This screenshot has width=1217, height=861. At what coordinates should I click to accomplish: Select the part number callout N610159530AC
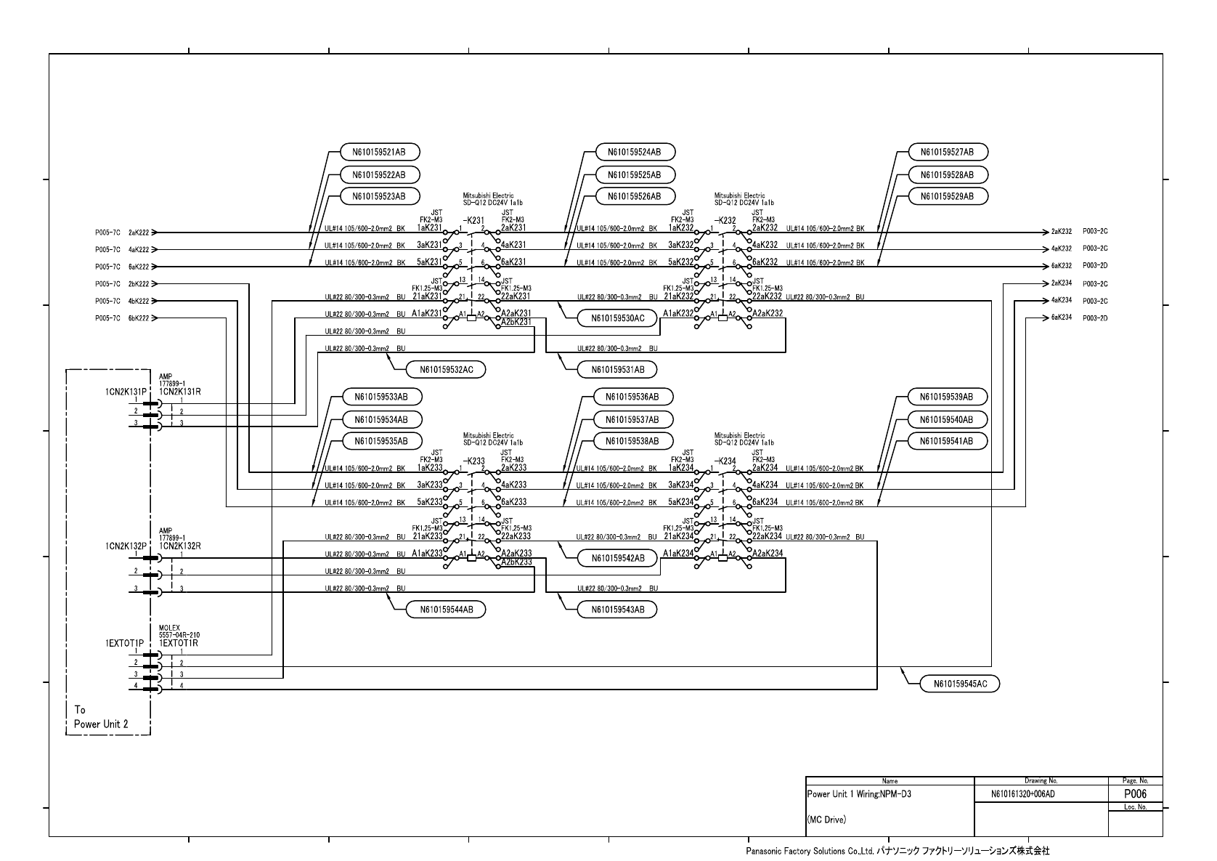pyautogui.click(x=617, y=318)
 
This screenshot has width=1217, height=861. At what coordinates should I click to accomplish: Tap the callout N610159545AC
pyautogui.click(x=959, y=684)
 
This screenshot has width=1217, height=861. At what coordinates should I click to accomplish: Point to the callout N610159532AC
pyautogui.click(x=446, y=370)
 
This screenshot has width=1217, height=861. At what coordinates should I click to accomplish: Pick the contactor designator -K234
pyautogui.click(x=725, y=461)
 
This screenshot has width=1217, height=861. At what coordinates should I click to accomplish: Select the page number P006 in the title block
pyautogui.click(x=1135, y=794)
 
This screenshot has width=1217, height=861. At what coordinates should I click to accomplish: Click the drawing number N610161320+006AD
pyautogui.click(x=1022, y=794)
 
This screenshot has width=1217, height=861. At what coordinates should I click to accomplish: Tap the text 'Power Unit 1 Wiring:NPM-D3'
pyautogui.click(x=859, y=794)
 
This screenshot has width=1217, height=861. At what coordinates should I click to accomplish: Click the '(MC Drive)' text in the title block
pyautogui.click(x=826, y=820)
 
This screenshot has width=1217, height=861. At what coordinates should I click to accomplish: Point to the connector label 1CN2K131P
pyautogui.click(x=126, y=392)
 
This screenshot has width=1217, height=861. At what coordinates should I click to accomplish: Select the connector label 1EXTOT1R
pyautogui.click(x=179, y=643)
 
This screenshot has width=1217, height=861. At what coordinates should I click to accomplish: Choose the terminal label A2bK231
pyautogui.click(x=516, y=322)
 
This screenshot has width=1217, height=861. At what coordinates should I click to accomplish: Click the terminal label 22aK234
pyautogui.click(x=767, y=536)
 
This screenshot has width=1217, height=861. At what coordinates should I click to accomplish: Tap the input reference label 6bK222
pyautogui.click(x=139, y=318)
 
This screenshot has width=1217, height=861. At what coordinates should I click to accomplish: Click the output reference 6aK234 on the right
pyautogui.click(x=1061, y=318)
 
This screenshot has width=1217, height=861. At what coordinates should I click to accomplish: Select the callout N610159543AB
pyautogui.click(x=617, y=610)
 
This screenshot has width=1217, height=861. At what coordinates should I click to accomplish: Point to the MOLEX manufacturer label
pyautogui.click(x=169, y=628)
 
